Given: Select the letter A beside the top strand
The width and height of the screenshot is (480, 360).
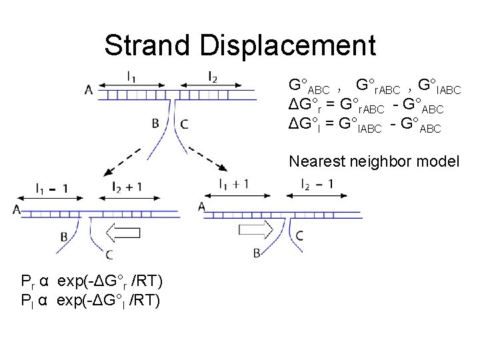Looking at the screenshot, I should (89, 89).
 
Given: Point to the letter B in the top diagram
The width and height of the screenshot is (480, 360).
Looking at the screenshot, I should (155, 123).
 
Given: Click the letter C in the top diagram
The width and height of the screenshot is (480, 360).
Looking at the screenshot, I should (184, 123).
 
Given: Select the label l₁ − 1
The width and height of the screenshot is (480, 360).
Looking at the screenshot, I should (50, 188).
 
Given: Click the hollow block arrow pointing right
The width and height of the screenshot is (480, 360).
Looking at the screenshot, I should (256, 231).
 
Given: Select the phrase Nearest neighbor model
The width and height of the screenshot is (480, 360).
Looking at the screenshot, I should (374, 161).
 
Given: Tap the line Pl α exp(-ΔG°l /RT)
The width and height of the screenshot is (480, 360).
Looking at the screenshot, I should (90, 300).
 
